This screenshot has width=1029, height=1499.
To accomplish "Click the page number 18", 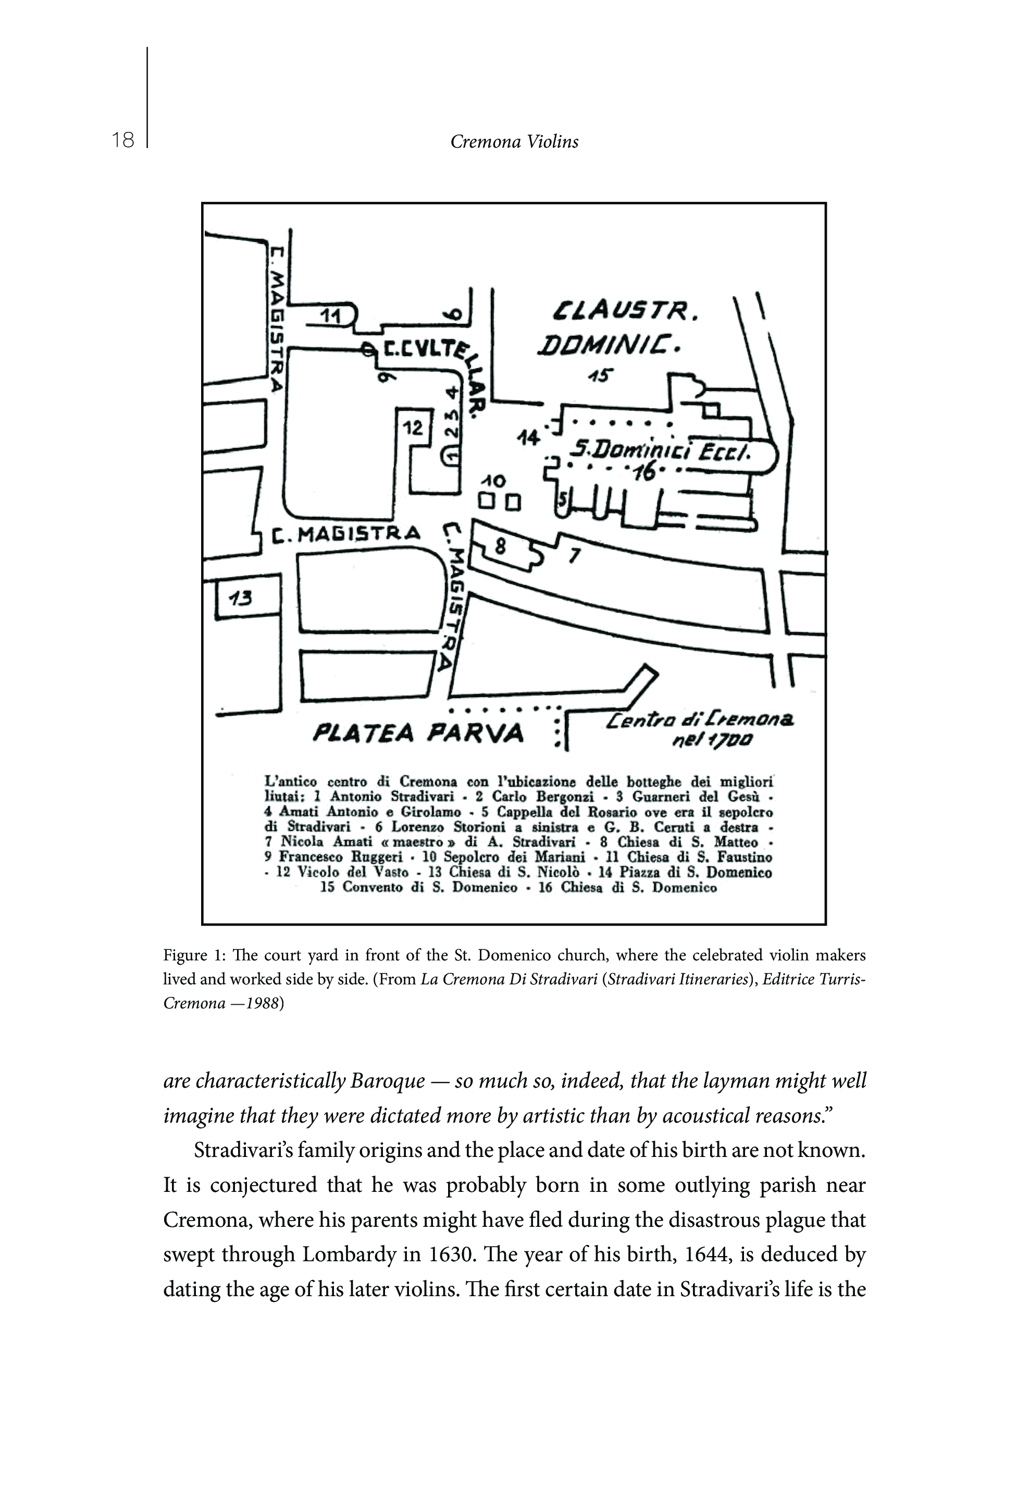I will pos(122,140).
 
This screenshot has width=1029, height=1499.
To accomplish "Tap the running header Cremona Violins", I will pos(514,142).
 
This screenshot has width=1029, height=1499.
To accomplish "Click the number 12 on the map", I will pos(413,427).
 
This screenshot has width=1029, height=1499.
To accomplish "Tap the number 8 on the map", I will pos(500,547).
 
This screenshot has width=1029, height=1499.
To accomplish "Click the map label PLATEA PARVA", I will pos(418,732).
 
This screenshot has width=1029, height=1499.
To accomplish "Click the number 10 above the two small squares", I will pos(494,481).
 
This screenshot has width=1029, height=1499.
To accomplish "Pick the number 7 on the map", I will pos(574,554).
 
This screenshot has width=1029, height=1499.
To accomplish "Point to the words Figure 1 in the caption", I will pos(190,955).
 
